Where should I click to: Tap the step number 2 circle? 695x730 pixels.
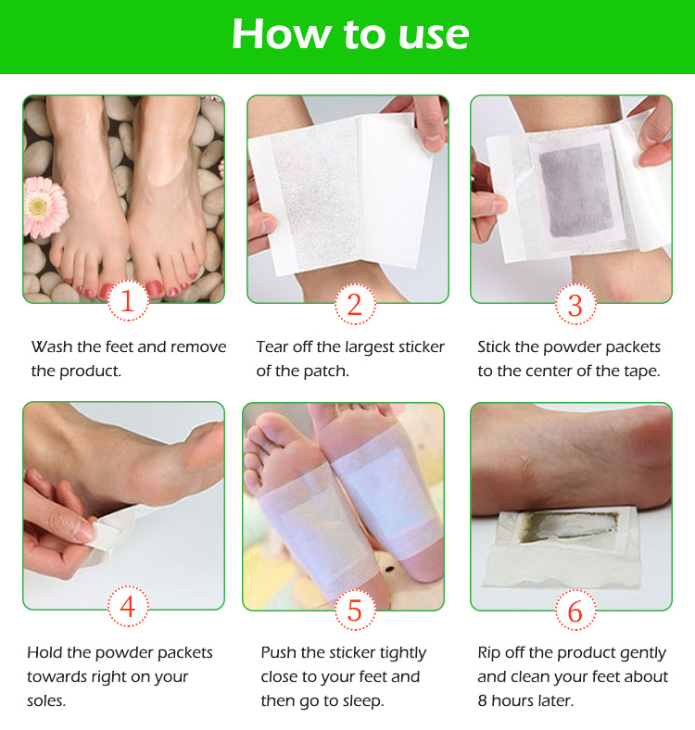[x=353, y=305]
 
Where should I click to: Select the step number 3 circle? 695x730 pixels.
[x=575, y=305]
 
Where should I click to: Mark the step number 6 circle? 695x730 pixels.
[x=575, y=610]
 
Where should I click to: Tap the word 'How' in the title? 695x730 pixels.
[x=280, y=34]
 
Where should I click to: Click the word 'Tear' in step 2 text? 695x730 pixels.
[x=274, y=346]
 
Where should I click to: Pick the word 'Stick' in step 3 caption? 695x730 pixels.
[x=497, y=346]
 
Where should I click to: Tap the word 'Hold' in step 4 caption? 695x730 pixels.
[x=46, y=652]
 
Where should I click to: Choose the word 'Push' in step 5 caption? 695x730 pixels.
[x=279, y=652]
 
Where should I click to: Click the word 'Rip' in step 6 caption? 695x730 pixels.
[x=491, y=652]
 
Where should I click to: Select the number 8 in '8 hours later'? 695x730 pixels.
[x=483, y=700]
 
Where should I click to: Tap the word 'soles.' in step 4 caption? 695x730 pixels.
[x=46, y=701]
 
